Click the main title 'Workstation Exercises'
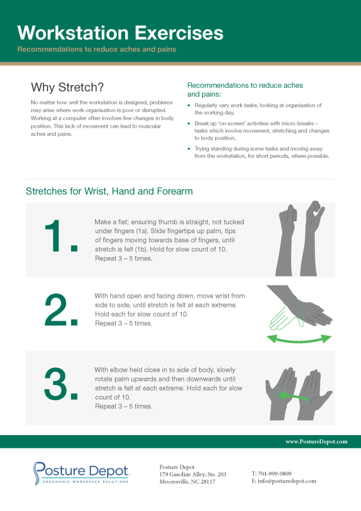pos(120,32)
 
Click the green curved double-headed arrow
pos(300,339)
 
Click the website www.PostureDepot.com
pos(316,441)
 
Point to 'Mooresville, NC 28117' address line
pos(187,482)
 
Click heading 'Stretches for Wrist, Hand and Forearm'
pos(109,192)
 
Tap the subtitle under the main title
pos(96,49)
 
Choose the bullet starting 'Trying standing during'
pos(262,152)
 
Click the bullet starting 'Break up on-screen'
pos(262,130)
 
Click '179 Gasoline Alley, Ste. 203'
pos(193,474)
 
